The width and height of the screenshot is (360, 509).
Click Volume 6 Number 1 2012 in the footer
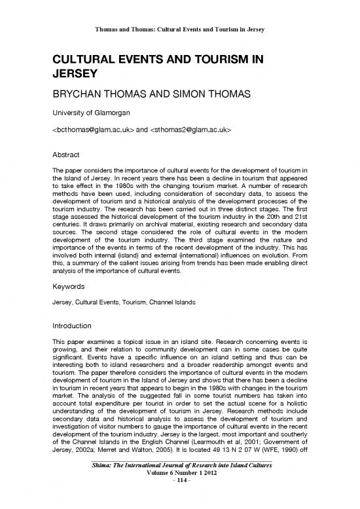tap(179, 500)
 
